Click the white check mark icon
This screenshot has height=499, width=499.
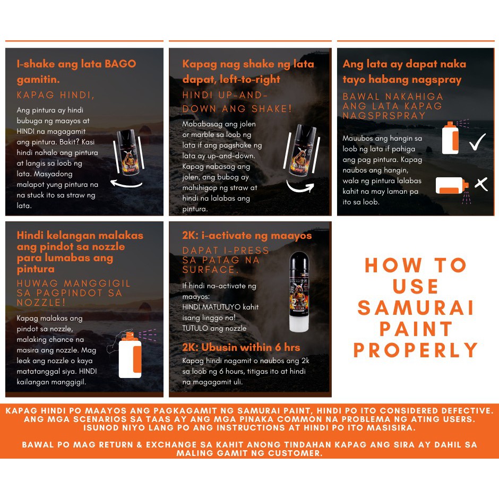pos(478,142)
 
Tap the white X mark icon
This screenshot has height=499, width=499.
pos(481,184)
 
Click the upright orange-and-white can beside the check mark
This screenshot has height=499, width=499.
pos(450,138)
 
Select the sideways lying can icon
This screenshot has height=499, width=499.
pos(452,186)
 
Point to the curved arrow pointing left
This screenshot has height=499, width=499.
pos(126,184)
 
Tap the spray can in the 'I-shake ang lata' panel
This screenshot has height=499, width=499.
pos(128,152)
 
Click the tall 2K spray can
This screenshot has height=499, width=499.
pos(299,291)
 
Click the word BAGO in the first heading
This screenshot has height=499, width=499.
pos(121,64)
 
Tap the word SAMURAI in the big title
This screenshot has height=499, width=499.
pos(416,308)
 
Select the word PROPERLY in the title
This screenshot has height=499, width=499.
pos(416,350)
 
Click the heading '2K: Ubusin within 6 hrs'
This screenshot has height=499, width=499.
pos(241,347)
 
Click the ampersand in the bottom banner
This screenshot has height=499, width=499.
pos(140,444)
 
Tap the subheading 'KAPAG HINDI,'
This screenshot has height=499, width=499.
pos(56,95)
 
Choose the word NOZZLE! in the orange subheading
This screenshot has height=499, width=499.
pos(41,303)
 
